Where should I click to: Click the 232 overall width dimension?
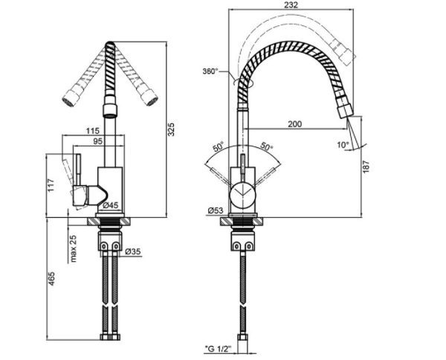pos(291,5)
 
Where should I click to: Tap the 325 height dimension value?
pos(171,129)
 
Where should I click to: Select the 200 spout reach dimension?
pos(295,124)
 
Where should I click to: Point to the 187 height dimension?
pos(366,166)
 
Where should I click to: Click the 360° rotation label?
pos(210,71)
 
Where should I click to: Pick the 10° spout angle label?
pos(343,145)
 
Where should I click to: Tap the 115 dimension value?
pos(93,131)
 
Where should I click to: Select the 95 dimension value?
pos(97,141)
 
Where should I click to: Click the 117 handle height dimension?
pos(51,185)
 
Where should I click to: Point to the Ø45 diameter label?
pos(110,205)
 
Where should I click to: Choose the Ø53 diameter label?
pos(216,210)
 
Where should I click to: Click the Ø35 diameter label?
pos(133,251)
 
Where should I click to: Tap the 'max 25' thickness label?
pos(73,248)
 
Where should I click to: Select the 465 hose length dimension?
pos(51,279)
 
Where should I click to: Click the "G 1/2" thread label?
pos(218,348)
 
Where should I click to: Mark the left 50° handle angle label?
pos(219,147)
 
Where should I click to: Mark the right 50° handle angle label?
pos(267,147)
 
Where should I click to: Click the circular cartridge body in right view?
pos(242,195)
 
